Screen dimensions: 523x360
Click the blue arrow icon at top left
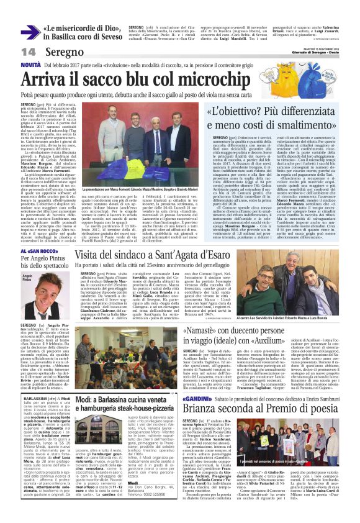(x=30, y=31)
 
